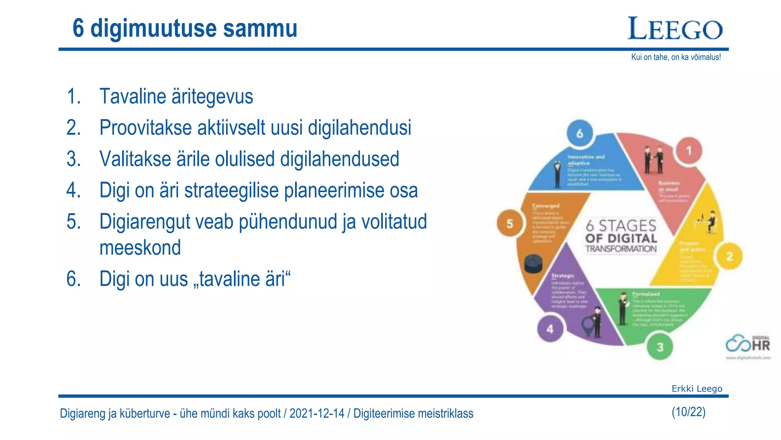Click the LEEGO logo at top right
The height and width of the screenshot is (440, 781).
click(675, 29)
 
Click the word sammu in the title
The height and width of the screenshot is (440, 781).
click(260, 28)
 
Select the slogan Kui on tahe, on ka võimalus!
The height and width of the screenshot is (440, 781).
click(676, 57)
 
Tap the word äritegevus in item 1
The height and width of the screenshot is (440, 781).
click(212, 96)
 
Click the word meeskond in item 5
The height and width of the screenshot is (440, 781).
click(140, 247)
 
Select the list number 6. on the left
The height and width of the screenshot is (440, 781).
click(74, 279)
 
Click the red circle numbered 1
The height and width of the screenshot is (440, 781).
click(689, 151)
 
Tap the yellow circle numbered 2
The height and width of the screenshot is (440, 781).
click(730, 256)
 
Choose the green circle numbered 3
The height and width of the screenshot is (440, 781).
click(660, 347)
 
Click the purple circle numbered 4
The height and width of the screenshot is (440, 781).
click(550, 329)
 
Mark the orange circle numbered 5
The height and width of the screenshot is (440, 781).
click(510, 224)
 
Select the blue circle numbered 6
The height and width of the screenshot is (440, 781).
click(580, 133)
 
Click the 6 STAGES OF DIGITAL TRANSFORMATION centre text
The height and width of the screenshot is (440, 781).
click(621, 236)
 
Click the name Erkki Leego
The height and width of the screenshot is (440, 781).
click(697, 389)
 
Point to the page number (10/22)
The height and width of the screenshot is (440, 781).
click(688, 412)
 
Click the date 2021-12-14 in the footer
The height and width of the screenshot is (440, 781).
click(317, 414)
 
